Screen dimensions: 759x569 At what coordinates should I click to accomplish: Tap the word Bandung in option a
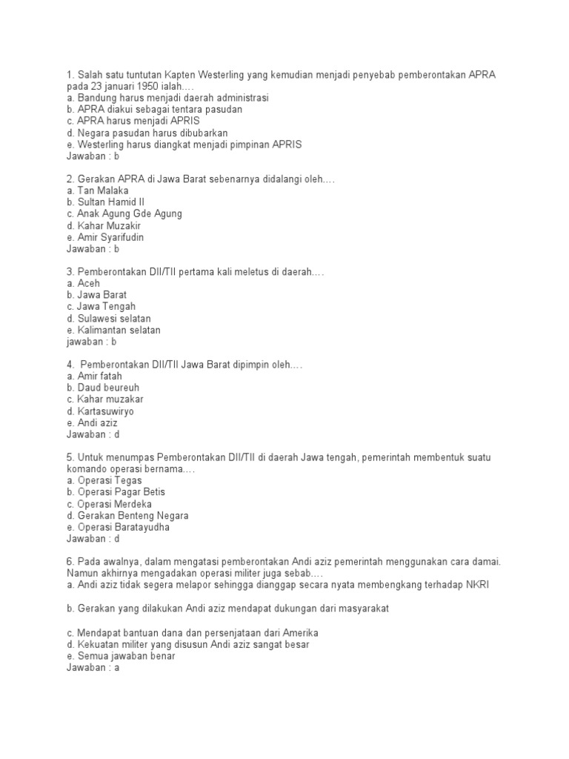click(96, 98)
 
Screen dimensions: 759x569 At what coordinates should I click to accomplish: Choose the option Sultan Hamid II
click(105, 202)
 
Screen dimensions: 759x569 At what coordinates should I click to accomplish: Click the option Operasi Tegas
click(104, 480)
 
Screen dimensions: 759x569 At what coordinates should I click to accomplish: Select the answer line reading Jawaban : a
click(93, 669)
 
